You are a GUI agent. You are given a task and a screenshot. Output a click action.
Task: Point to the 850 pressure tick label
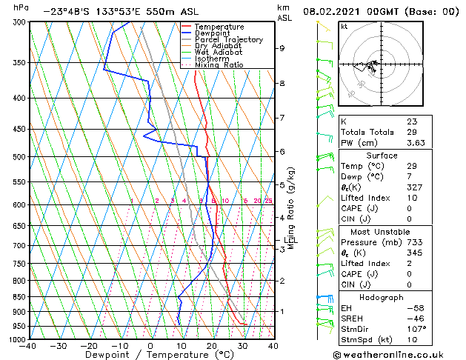[x=18, y=297]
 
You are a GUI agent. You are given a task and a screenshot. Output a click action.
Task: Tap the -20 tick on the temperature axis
[x=89, y=345]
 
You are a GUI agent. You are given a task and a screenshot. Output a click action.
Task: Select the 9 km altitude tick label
[x=282, y=48]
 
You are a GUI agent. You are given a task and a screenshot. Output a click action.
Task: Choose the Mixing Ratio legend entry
[x=219, y=65]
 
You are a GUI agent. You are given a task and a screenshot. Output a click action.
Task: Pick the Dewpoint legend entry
[x=211, y=33]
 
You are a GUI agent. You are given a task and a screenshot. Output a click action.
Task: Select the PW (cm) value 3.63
[x=415, y=142]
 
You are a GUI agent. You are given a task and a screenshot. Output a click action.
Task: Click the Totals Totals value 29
[x=411, y=132]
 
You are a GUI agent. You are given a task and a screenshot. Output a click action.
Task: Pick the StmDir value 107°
[x=416, y=329]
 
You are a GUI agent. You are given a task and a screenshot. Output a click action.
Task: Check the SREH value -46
[x=413, y=318]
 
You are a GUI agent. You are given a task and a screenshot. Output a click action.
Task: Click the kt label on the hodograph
[x=344, y=26]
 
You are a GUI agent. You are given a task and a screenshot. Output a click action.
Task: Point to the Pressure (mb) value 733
[x=413, y=242]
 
